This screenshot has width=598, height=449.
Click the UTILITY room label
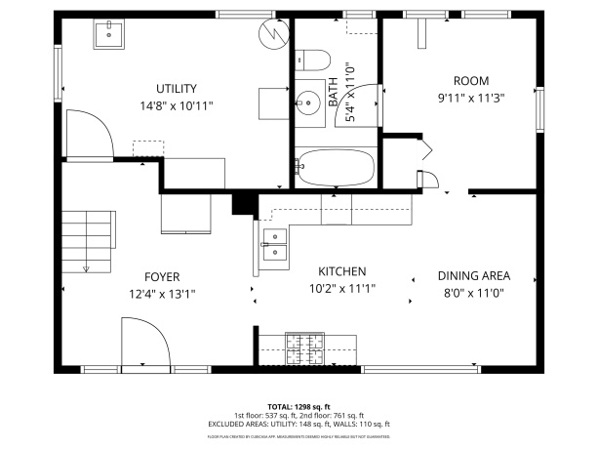coord(177,88)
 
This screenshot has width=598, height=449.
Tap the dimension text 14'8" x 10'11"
coord(177,104)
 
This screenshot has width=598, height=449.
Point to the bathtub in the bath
coord(336,167)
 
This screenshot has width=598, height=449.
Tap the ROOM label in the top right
coord(470,81)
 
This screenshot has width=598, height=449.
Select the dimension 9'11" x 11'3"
coord(470,97)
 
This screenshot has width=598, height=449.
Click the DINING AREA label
coord(473,275)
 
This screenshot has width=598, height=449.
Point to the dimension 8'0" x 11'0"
coord(473,292)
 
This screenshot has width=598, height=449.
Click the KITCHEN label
coord(342,271)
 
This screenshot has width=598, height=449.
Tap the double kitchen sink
coord(274,244)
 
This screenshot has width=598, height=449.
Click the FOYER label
coord(162,276)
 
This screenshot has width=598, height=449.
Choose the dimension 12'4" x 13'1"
coord(162,293)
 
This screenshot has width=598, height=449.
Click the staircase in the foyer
coord(88,239)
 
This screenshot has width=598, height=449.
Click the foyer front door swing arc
coord(138,342)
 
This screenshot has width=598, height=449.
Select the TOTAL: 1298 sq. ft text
coord(299,406)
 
